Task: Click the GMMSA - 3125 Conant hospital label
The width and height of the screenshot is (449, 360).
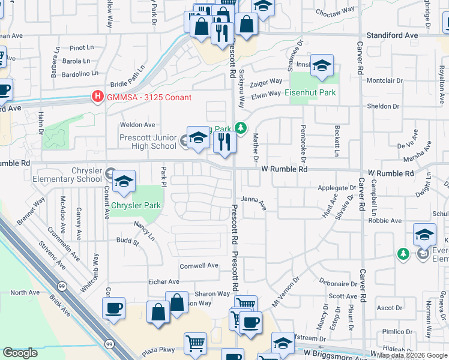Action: (149, 97)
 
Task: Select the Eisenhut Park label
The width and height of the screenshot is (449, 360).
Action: (310, 92)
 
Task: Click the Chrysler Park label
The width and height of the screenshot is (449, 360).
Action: (135, 205)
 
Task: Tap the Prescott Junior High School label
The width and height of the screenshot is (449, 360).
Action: (148, 142)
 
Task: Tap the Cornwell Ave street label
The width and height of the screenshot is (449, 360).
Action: (199, 265)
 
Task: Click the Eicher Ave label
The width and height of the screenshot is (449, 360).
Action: (164, 281)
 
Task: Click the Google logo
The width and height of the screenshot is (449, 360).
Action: (20, 352)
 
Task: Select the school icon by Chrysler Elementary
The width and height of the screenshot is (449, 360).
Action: (123, 183)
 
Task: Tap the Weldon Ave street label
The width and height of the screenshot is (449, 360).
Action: (137, 125)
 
